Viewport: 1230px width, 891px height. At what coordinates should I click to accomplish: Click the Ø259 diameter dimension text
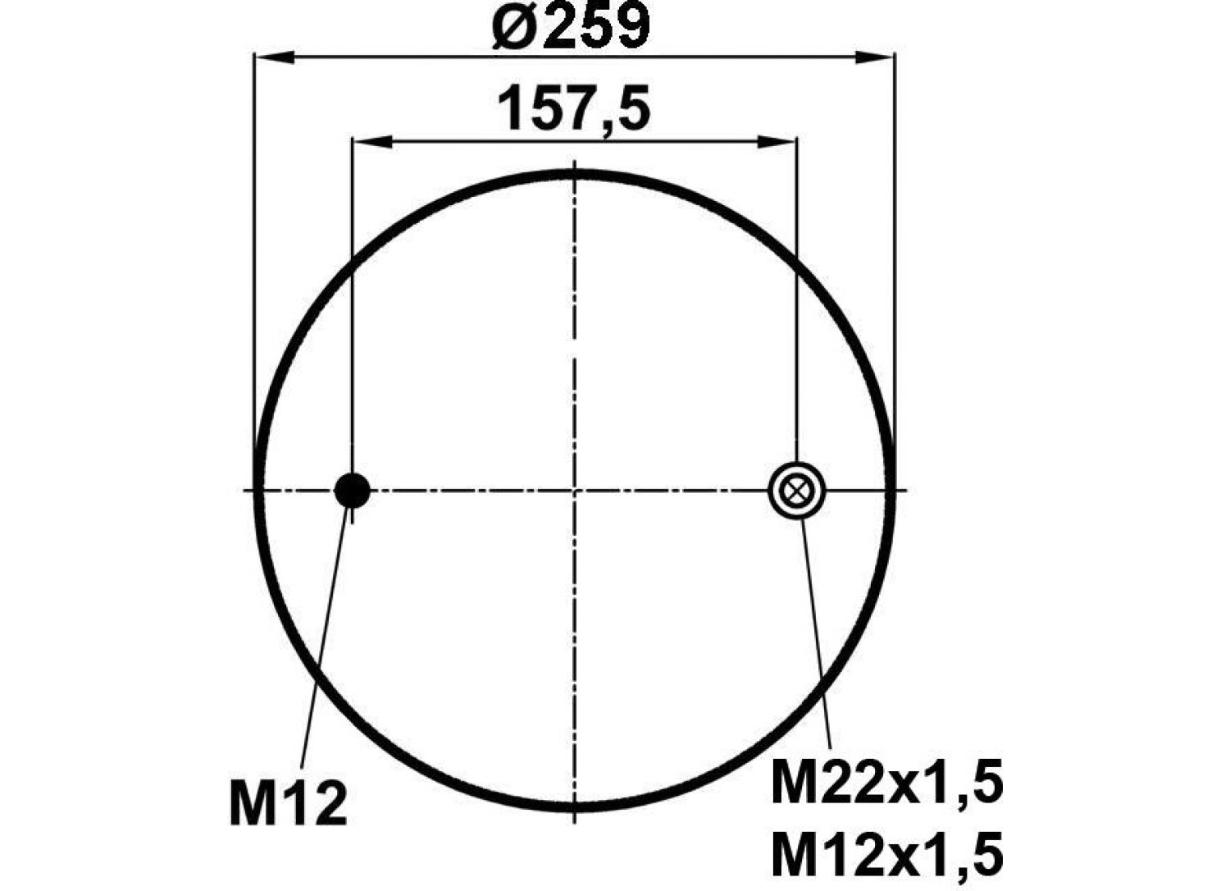[x=571, y=25]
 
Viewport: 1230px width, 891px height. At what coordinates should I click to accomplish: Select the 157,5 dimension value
[x=574, y=108]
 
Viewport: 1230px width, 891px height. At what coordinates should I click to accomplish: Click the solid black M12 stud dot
[x=352, y=490]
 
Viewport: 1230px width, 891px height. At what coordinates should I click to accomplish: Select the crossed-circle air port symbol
[x=796, y=490]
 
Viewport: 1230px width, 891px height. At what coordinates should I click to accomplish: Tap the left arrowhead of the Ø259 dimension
[x=276, y=57]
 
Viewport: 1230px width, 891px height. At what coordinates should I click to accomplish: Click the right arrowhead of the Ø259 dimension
[x=874, y=57]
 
